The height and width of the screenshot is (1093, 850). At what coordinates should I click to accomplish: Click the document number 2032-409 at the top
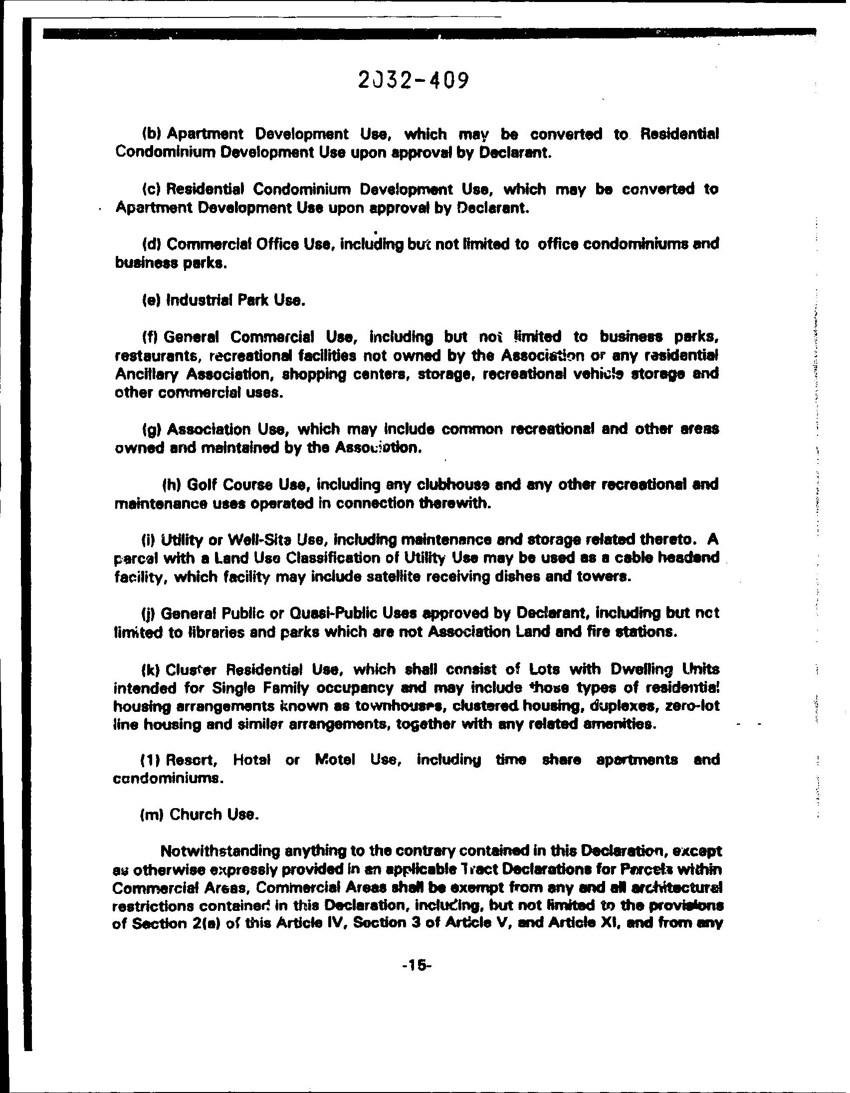413,80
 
